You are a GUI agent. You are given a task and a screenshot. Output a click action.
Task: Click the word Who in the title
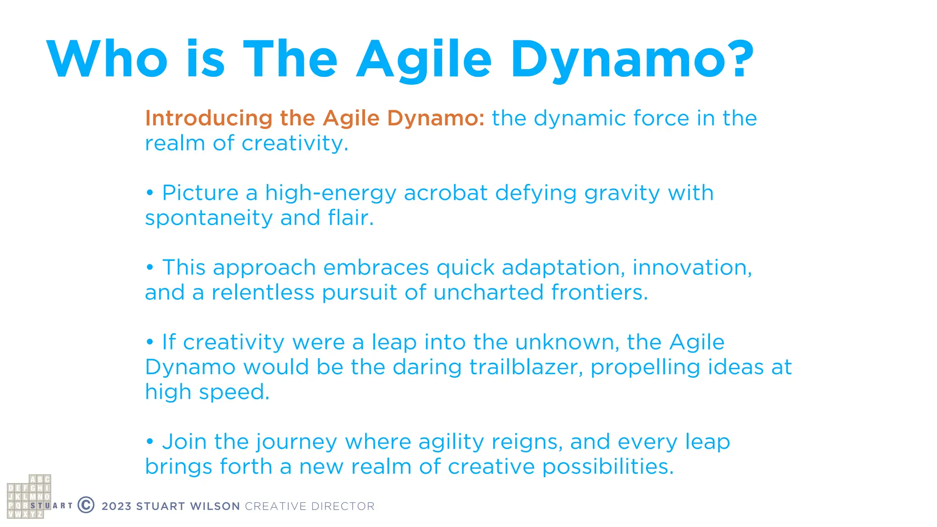(108, 59)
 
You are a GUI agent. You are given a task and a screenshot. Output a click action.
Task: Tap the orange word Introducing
(209, 118)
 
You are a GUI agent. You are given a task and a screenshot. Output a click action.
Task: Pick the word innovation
(692, 268)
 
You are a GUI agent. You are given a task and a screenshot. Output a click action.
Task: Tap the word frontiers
(599, 292)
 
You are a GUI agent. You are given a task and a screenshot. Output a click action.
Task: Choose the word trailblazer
(526, 367)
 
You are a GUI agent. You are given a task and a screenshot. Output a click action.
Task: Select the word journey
(296, 442)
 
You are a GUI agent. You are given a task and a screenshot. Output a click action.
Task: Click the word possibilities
(608, 467)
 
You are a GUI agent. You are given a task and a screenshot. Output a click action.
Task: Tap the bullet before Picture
(150, 193)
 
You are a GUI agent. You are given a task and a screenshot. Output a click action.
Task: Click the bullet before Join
(150, 442)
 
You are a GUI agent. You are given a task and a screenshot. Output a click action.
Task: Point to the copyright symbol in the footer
(86, 505)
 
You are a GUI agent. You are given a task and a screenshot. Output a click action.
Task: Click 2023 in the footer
(117, 506)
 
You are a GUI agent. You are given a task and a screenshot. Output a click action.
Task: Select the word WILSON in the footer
(215, 506)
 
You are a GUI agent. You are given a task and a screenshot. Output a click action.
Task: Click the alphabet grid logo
(29, 497)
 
